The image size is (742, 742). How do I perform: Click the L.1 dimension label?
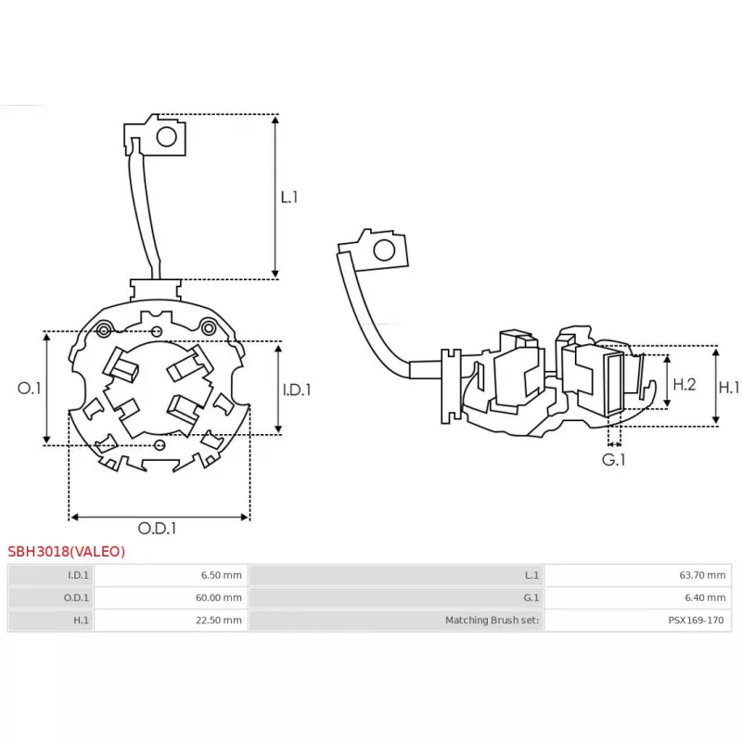click(288, 197)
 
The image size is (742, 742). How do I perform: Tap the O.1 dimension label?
click(30, 389)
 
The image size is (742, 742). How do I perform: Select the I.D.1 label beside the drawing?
click(297, 390)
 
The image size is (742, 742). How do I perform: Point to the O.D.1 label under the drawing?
click(158, 529)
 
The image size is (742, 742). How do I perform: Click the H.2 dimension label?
click(684, 383)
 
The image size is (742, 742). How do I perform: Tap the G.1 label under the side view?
click(613, 459)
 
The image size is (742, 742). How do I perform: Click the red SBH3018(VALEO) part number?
click(66, 551)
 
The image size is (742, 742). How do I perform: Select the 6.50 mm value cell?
click(221, 575)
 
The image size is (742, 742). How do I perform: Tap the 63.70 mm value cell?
click(702, 575)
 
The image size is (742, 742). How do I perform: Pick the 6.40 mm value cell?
click(705, 598)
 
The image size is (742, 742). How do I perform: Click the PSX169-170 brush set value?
click(696, 620)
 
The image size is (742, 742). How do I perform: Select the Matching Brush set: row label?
click(492, 620)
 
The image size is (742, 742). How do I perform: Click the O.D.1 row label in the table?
click(79, 598)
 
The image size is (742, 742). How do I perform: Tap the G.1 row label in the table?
click(531, 598)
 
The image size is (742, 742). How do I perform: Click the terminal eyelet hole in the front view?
click(166, 137)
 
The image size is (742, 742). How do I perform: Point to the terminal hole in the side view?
click(381, 249)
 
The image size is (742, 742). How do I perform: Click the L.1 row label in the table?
click(532, 575)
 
